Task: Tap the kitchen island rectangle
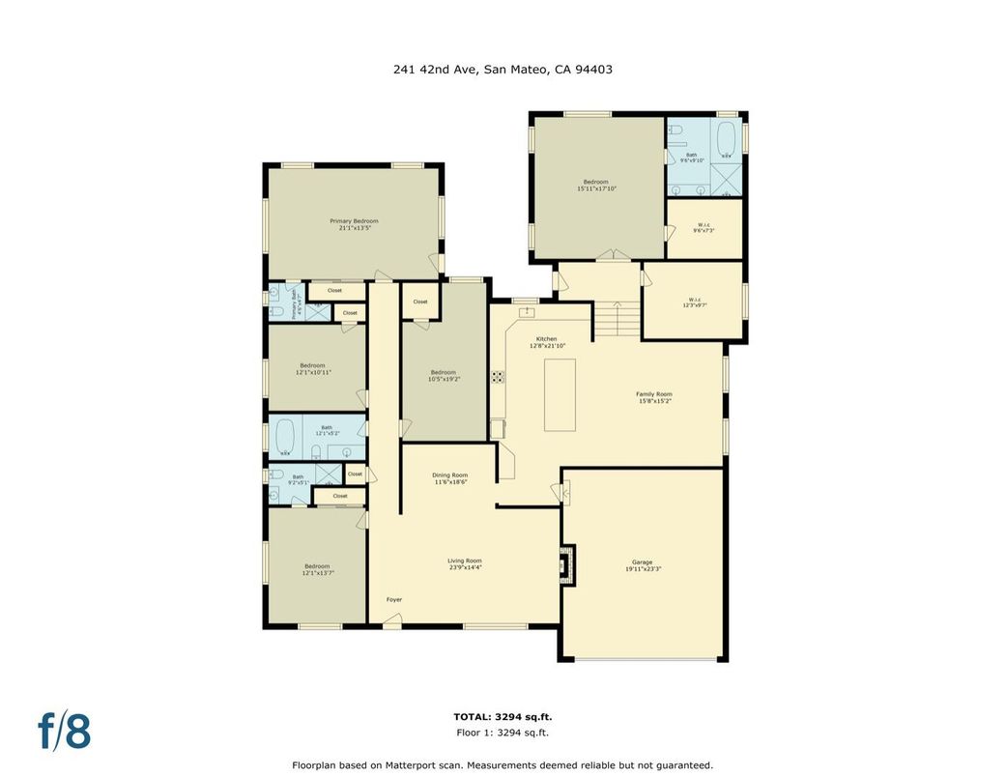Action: click(560, 394)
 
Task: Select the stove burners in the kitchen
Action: click(498, 377)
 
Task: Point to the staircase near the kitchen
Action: click(617, 318)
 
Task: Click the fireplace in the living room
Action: click(568, 564)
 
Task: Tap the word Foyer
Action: click(394, 599)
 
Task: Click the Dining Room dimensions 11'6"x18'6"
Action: click(449, 481)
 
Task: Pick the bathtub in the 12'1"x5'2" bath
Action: click(285, 436)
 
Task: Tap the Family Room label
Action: click(654, 396)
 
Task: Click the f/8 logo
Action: click(65, 731)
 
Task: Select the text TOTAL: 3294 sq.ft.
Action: click(503, 717)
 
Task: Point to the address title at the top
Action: click(503, 70)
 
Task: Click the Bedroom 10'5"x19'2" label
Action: click(443, 376)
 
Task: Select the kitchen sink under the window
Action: click(527, 312)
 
